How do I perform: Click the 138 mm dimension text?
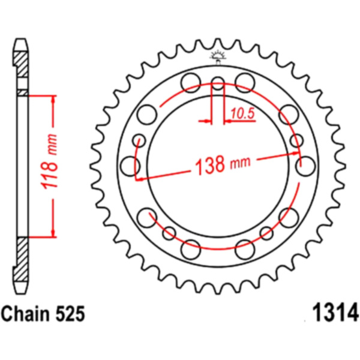coord(222,164)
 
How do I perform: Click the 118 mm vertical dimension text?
coord(49,161)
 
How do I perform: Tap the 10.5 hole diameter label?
coord(242,113)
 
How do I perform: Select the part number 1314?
coord(335,313)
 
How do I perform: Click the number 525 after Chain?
coord(70,314)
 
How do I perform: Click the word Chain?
coord(26,314)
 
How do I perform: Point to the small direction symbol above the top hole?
coord(218,57)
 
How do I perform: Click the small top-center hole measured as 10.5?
coord(218,83)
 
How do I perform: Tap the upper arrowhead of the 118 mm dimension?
coord(53,99)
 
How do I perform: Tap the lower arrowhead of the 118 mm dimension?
coord(53,233)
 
